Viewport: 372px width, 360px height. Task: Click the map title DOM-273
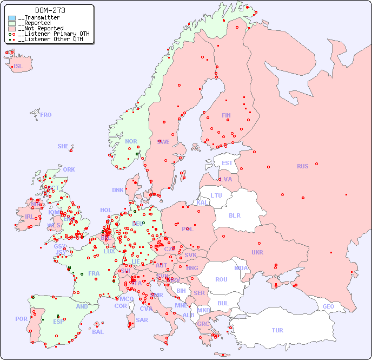click(50, 10)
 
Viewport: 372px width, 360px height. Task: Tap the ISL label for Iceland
click(18, 67)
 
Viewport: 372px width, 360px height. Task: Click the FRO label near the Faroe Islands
click(46, 115)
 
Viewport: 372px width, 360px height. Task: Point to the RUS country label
click(302, 166)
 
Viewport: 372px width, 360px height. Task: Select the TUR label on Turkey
click(277, 330)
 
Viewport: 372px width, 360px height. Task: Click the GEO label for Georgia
click(328, 306)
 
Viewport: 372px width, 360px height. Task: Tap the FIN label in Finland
click(226, 115)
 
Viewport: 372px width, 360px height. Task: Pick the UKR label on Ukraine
click(257, 252)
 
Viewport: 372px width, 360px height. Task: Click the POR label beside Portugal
click(21, 319)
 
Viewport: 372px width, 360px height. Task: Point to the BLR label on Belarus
click(235, 215)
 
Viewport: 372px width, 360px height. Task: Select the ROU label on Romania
click(221, 279)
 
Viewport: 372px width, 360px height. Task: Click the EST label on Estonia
click(227, 163)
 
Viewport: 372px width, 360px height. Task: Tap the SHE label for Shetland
click(63, 146)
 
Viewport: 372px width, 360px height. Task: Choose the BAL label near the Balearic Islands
click(98, 332)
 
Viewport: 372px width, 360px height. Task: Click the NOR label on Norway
click(131, 141)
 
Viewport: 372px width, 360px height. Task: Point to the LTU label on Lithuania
click(216, 195)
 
